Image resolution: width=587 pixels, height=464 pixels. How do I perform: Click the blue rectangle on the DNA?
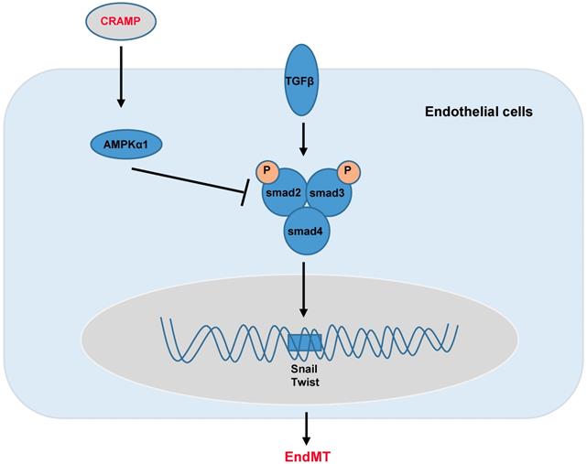click(304, 343)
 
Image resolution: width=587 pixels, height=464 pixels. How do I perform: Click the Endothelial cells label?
click(479, 113)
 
